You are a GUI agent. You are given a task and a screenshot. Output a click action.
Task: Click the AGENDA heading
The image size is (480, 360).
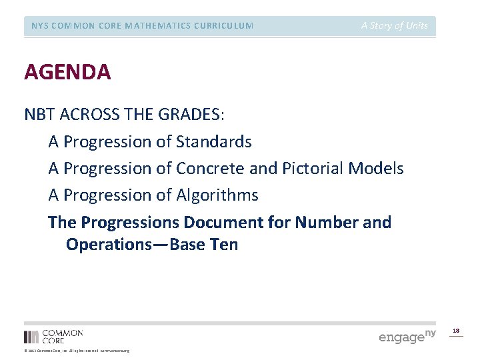pyautogui.click(x=67, y=72)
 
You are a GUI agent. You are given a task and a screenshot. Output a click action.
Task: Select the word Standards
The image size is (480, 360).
pyautogui.click(x=214, y=142)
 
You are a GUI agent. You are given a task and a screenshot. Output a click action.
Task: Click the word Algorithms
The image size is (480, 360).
pyautogui.click(x=217, y=195)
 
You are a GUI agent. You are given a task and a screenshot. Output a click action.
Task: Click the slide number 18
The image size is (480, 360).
pyautogui.click(x=456, y=331)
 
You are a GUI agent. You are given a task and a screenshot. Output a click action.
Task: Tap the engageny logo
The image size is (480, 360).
pyautogui.click(x=407, y=336)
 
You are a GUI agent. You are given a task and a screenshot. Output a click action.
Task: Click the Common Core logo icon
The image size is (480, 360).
pyautogui.click(x=31, y=337)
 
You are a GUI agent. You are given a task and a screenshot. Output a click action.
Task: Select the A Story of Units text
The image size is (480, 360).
pyautogui.click(x=395, y=26)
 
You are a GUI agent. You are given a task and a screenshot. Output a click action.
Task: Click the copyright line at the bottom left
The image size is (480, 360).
pyautogui.click(x=77, y=351)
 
